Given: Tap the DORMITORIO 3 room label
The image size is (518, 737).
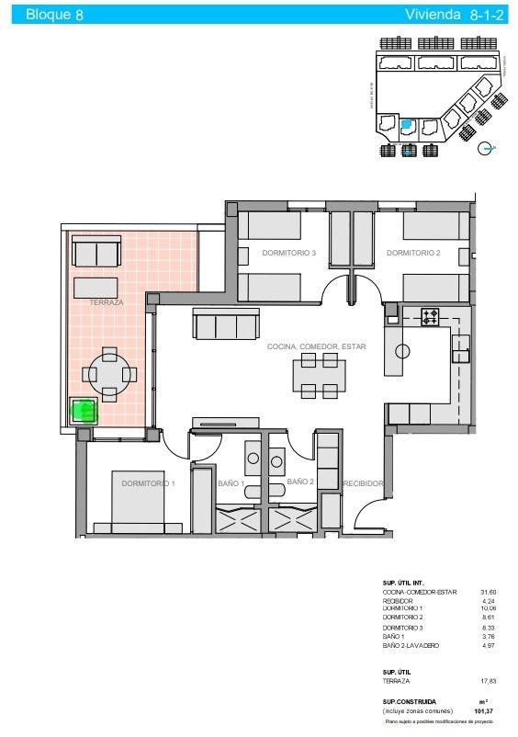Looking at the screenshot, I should [x=288, y=253].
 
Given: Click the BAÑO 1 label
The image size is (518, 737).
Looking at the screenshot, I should [x=230, y=482].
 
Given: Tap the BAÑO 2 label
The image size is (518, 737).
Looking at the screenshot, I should [x=300, y=481].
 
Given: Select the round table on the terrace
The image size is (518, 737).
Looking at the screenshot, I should [x=109, y=374].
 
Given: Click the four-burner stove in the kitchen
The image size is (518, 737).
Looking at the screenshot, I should [x=432, y=318].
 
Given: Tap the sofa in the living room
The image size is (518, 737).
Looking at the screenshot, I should [x=226, y=325].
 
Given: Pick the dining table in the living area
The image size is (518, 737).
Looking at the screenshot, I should [x=320, y=376].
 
